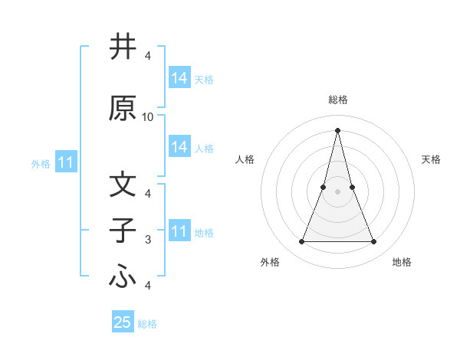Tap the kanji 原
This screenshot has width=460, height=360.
tap(123, 109)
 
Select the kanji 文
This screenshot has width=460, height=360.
tap(123, 185)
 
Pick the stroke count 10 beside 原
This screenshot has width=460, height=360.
tap(148, 117)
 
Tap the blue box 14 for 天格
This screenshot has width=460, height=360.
tap(179, 78)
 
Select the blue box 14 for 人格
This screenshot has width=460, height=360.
tap(179, 147)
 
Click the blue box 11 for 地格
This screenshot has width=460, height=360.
tap(179, 231)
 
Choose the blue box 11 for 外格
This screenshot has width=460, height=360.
tap(66, 162)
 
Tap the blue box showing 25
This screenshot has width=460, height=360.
tap(123, 322)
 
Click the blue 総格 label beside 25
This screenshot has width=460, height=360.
tap(148, 324)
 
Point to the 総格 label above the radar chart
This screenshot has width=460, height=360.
tap(337, 100)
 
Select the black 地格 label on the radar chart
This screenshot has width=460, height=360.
tap(402, 262)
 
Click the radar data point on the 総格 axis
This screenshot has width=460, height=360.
tap(337, 129)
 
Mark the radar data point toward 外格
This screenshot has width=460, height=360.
tap(301, 242)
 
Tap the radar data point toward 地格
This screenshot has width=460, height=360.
tap(374, 242)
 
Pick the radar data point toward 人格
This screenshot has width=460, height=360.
tap(324, 187)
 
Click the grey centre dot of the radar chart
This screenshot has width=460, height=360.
tap(337, 191)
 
